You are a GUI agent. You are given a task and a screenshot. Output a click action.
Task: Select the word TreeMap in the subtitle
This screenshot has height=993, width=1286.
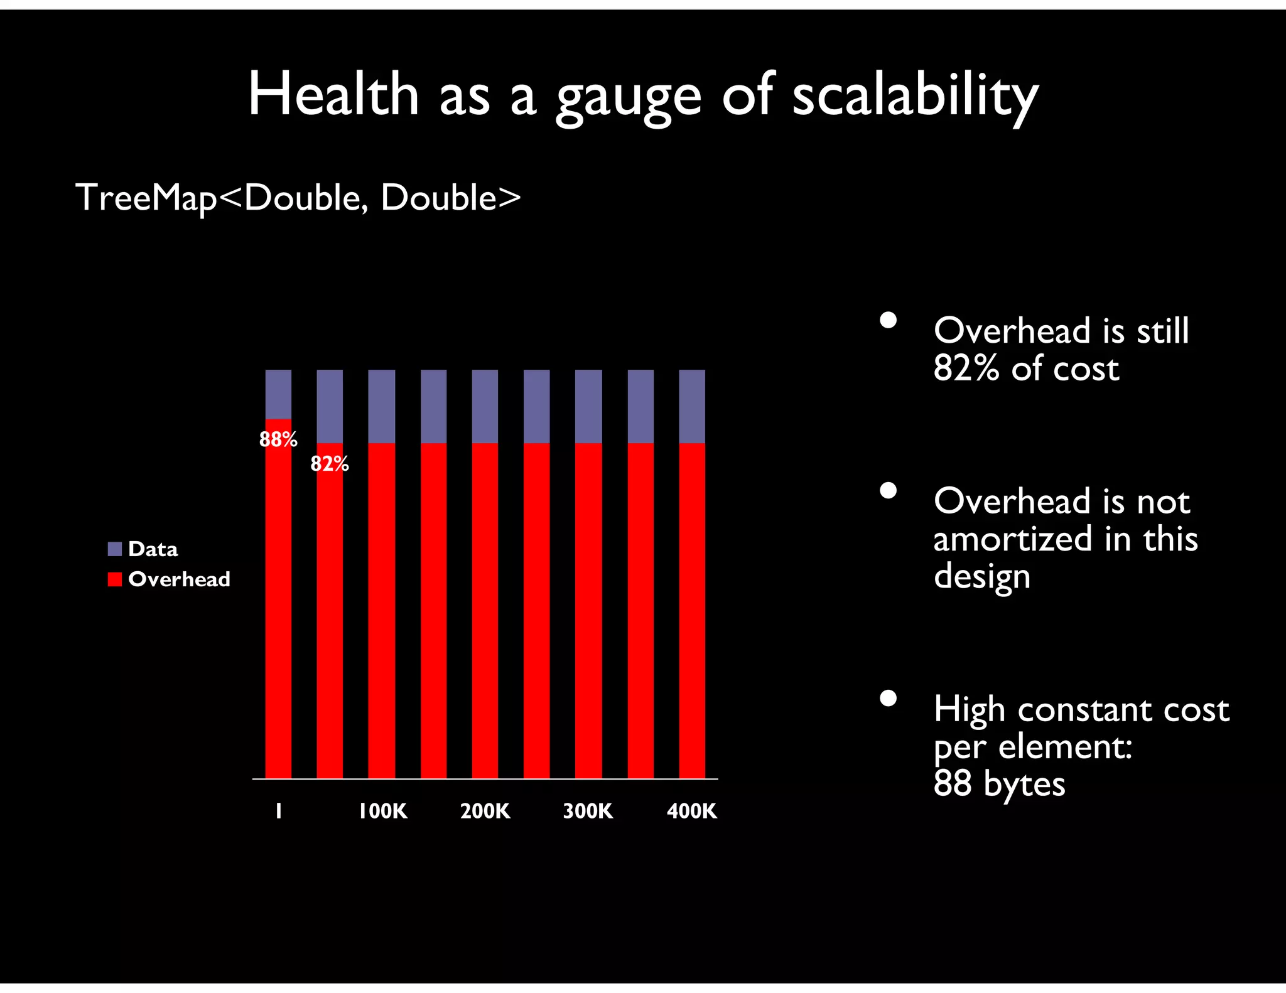146,198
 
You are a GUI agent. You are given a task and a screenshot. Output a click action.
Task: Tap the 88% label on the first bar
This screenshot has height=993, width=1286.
278,439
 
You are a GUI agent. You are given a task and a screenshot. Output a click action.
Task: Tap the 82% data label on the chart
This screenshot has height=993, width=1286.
330,464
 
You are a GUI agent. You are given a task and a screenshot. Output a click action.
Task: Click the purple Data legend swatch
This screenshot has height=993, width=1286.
114,549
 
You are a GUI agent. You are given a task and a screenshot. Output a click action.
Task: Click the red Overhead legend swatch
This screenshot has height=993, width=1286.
114,579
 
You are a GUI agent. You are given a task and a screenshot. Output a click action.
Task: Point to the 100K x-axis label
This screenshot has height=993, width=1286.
382,811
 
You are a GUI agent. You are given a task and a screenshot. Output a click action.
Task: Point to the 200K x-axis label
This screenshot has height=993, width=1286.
485,811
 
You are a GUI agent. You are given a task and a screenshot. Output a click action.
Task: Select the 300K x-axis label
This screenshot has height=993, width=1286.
588,811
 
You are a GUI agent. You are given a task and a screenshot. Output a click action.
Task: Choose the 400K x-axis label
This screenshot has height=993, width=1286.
691,811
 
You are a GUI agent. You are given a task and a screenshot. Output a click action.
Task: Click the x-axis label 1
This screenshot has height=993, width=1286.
279,811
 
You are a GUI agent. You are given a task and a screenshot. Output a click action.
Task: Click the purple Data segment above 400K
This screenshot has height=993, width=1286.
692,406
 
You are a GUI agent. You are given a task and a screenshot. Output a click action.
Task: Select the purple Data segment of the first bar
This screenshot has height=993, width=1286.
278,394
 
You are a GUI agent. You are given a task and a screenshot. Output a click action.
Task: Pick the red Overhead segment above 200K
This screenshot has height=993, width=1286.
485,609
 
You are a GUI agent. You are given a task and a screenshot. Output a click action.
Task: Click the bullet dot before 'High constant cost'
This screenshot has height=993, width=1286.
888,698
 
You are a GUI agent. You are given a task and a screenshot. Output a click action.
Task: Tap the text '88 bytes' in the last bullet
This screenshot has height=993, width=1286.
999,783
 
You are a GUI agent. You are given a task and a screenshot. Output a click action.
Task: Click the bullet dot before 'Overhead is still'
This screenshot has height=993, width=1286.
888,320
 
